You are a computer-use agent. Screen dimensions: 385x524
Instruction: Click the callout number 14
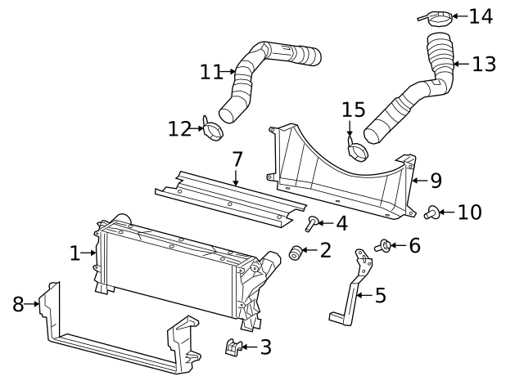click(x=481, y=16)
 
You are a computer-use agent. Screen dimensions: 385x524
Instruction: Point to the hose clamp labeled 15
click(x=358, y=150)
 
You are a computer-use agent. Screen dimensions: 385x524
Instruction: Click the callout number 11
click(x=210, y=72)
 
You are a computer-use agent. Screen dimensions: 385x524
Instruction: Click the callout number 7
click(x=237, y=158)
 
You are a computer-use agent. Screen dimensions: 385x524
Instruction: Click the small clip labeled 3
click(x=234, y=347)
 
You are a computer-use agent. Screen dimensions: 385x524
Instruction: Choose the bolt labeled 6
click(x=382, y=244)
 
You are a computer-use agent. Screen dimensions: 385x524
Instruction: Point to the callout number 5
click(x=380, y=295)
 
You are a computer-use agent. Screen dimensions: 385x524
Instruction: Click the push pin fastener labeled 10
click(x=431, y=213)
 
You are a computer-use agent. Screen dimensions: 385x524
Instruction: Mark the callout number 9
click(x=436, y=179)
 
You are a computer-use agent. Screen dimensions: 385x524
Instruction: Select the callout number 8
click(x=18, y=304)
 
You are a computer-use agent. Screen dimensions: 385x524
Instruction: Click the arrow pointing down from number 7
click(x=237, y=177)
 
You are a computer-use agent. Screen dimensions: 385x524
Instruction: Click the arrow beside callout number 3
click(x=247, y=347)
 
